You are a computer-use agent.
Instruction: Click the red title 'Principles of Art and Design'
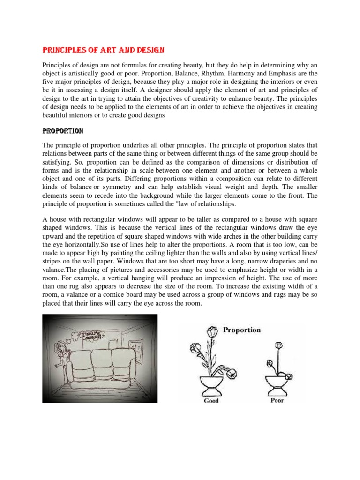pos(104,50)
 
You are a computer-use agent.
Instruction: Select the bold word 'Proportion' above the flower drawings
pos(242,330)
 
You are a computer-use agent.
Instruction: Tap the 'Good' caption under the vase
pos(211,401)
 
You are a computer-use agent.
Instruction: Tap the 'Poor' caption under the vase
pos(277,401)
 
